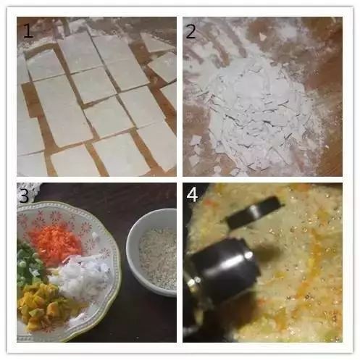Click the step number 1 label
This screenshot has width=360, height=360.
[x=28, y=31]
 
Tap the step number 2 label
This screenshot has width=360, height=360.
[x=191, y=32]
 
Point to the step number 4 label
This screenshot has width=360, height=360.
[x=193, y=195]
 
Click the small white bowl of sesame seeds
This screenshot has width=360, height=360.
[x=152, y=251]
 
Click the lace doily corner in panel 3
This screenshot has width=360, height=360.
[x=29, y=191]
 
